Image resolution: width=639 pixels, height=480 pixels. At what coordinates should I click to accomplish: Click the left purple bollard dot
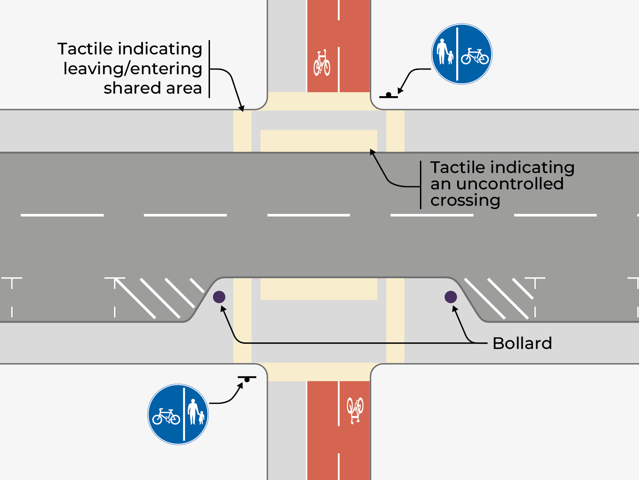click(219, 297)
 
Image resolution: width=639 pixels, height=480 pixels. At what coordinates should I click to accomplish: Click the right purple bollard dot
click(451, 297)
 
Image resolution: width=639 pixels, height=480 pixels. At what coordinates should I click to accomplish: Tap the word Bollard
click(522, 343)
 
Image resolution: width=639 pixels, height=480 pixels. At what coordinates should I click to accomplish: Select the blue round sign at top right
click(461, 54)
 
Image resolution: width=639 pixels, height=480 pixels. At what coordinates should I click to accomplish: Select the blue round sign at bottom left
click(178, 414)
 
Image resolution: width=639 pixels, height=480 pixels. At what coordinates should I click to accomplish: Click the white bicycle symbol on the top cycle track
click(322, 63)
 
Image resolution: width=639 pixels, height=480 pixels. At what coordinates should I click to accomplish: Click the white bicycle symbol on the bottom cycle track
click(355, 410)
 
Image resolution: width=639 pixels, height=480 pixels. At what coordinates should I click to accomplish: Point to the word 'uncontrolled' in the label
click(510, 184)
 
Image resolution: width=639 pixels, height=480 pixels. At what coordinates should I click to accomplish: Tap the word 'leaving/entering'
click(133, 69)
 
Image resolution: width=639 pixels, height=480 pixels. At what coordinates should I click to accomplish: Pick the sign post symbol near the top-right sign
click(388, 95)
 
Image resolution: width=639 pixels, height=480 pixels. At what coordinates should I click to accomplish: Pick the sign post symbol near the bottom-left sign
click(247, 379)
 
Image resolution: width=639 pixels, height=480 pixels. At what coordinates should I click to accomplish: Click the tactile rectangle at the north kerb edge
click(319, 141)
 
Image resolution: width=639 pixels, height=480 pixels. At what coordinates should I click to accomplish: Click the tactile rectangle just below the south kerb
click(319, 289)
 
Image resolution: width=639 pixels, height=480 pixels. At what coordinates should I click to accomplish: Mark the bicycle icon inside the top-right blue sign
click(474, 56)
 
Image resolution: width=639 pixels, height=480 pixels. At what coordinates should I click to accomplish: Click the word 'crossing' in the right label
click(465, 201)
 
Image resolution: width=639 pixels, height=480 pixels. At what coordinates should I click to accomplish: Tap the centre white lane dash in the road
click(308, 215)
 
